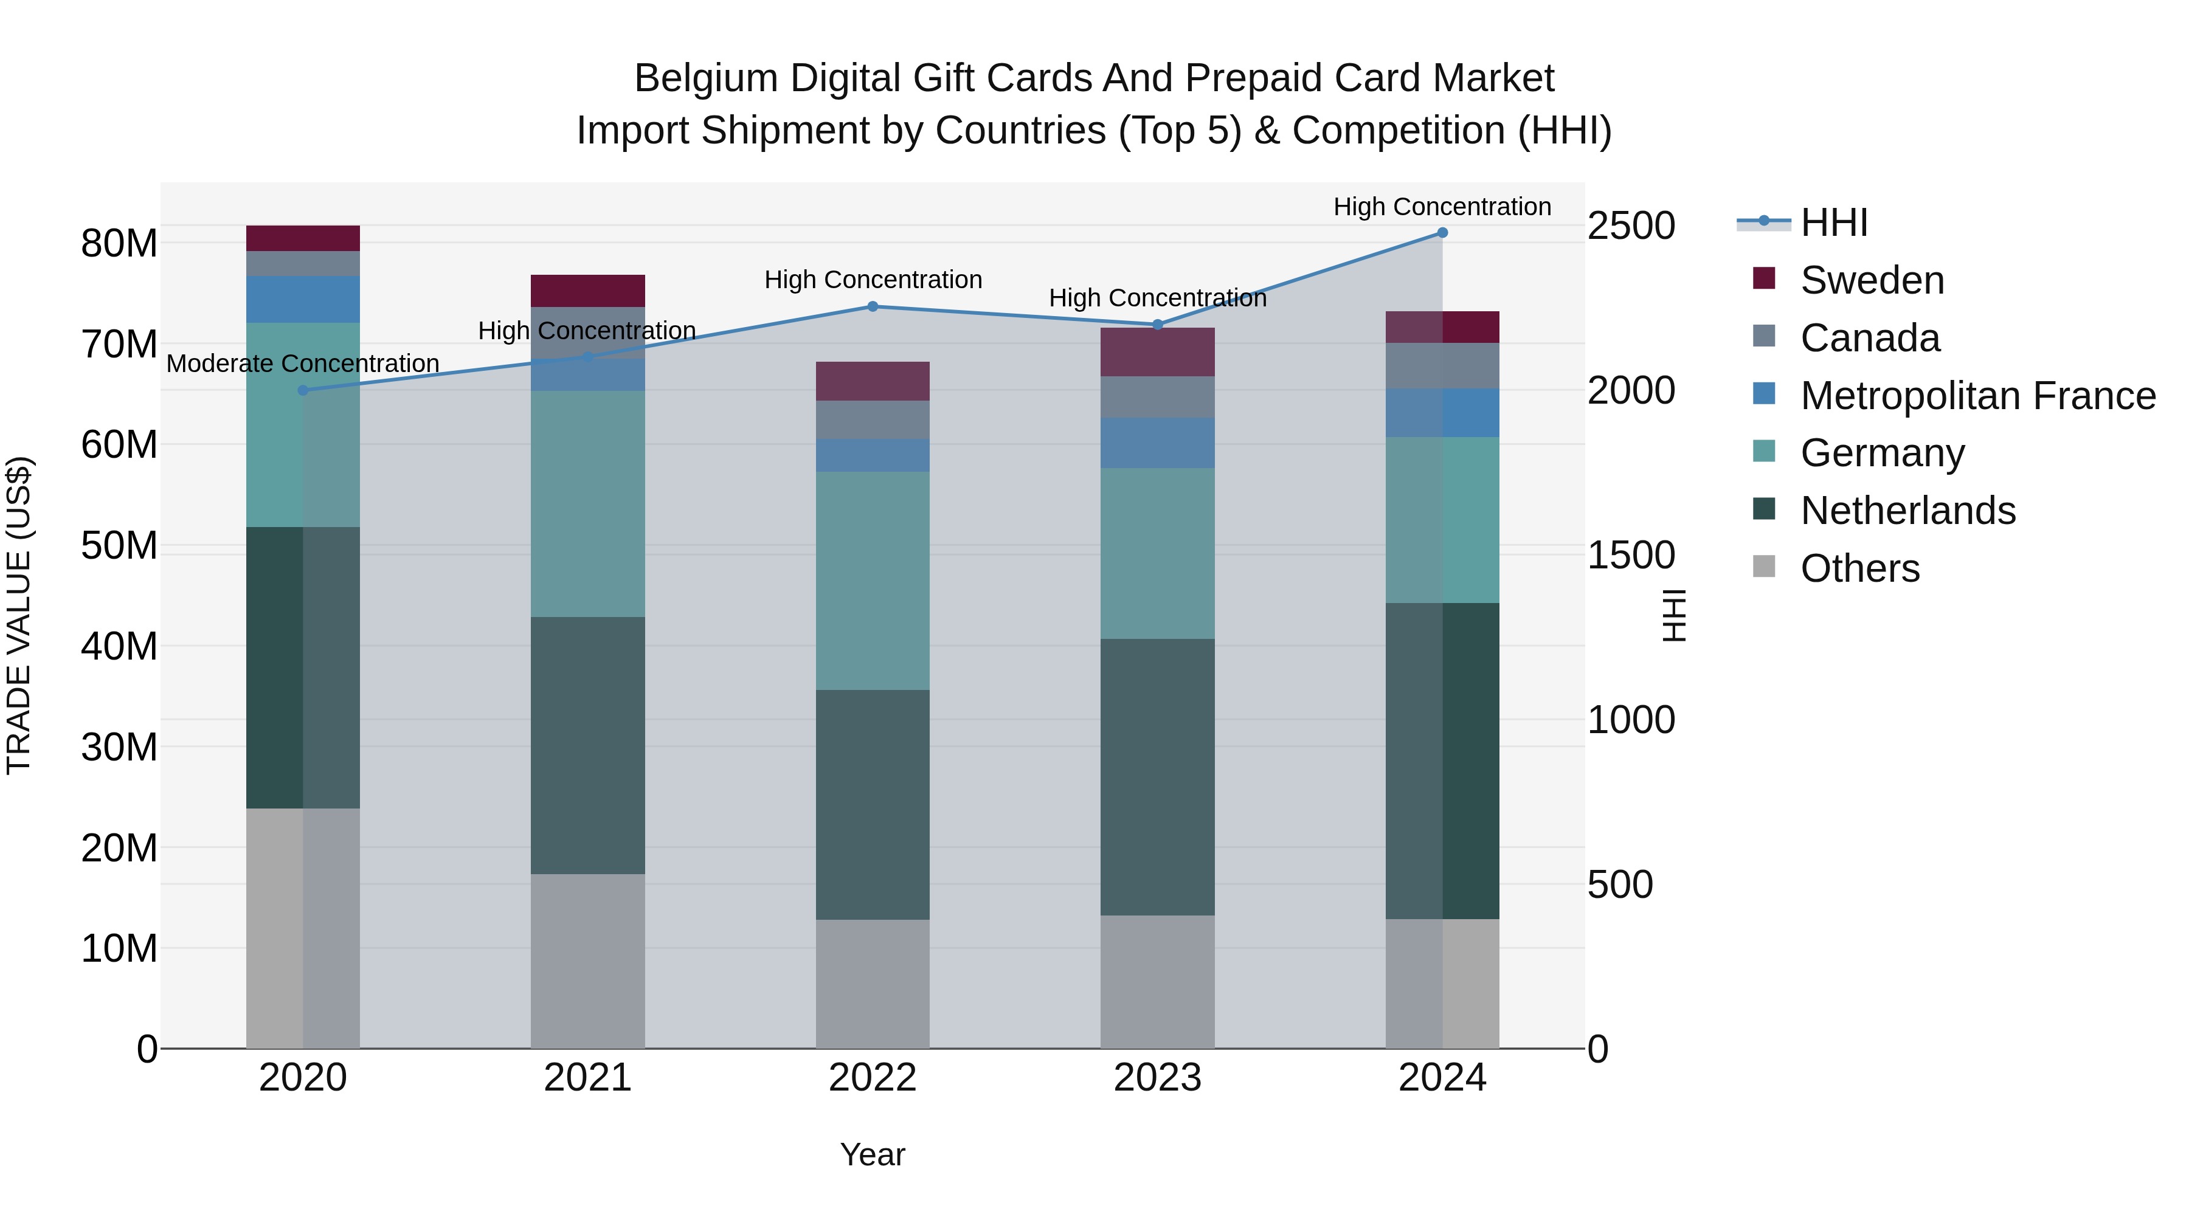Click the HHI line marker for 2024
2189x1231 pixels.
[1442, 233]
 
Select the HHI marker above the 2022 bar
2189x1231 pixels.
[873, 307]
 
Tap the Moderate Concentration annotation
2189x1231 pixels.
[303, 364]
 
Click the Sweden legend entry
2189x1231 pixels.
[1871, 280]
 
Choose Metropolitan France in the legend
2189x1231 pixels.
[1977, 396]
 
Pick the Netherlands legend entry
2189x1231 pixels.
[1907, 511]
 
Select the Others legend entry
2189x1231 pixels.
[1859, 568]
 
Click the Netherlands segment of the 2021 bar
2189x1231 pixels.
[587, 745]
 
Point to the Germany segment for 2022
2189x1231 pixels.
[873, 581]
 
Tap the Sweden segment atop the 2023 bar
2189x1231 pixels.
[1157, 352]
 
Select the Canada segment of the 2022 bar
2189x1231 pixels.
[873, 419]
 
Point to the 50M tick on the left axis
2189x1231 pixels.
[119, 545]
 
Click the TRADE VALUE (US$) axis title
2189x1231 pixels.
[19, 615]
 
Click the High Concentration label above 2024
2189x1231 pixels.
[1442, 207]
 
